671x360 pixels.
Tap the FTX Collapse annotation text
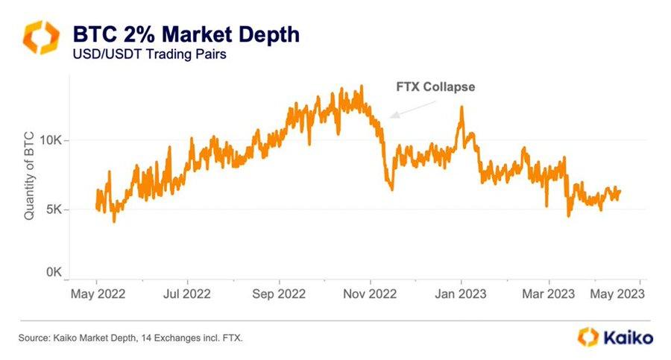point(435,86)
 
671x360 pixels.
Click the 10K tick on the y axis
point(55,140)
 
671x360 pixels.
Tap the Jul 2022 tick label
point(187,294)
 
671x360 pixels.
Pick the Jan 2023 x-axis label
point(461,294)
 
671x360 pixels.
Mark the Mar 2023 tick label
point(549,294)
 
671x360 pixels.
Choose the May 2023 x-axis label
point(619,294)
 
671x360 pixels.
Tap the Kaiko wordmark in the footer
point(626,338)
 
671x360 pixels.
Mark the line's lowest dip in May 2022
point(114,221)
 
